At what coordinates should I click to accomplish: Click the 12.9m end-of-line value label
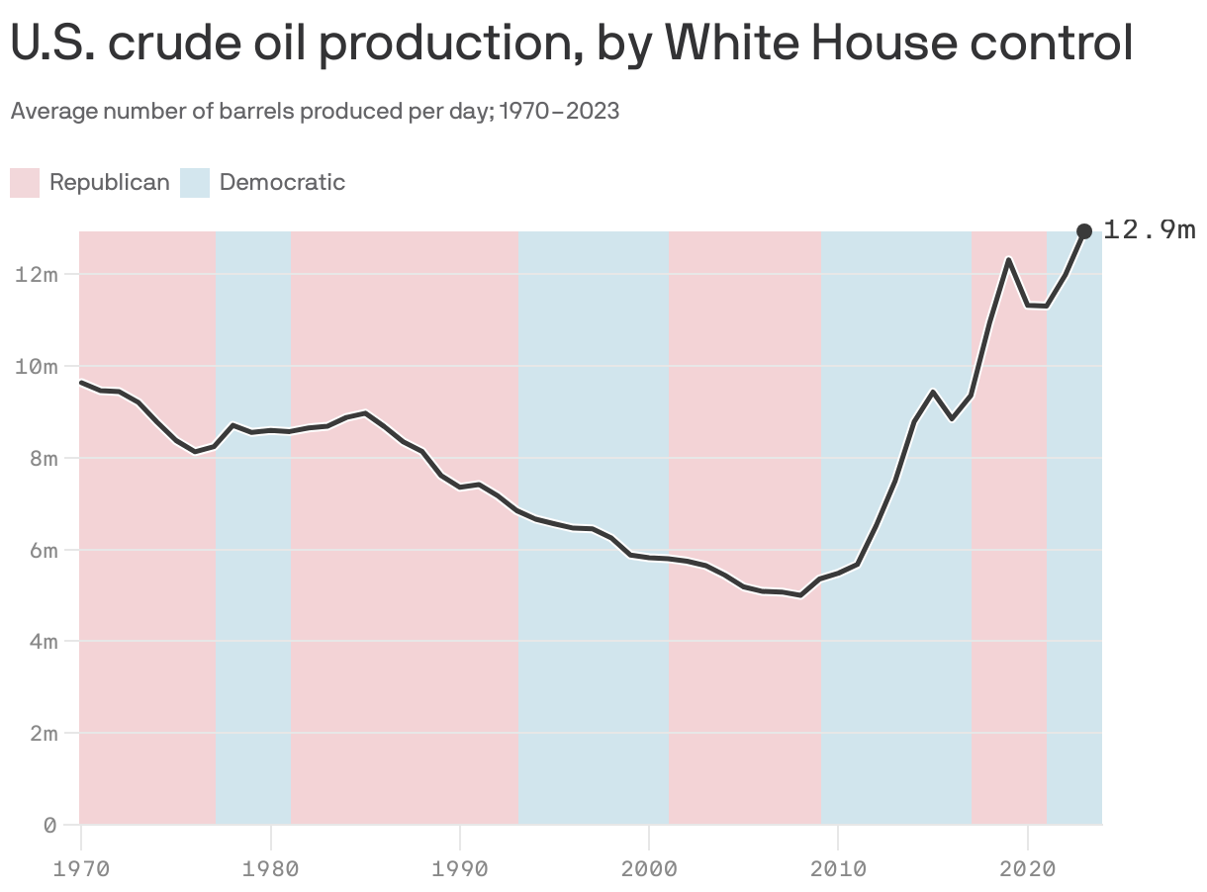tap(1150, 230)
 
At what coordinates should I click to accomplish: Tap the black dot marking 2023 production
tap(1084, 231)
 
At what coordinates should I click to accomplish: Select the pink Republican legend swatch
tap(25, 183)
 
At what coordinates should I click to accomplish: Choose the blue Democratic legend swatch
tap(195, 183)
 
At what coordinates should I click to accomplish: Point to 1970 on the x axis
tap(80, 869)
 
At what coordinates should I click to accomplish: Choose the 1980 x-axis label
tap(269, 869)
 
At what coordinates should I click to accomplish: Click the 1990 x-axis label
tap(459, 869)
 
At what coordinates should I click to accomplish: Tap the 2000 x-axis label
tap(648, 869)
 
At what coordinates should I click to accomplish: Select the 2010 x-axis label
tap(838, 869)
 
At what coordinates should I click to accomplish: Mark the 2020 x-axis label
tap(1027, 869)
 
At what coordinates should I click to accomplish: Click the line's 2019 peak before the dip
tap(1008, 260)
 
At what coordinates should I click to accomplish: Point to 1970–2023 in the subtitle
tap(559, 111)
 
